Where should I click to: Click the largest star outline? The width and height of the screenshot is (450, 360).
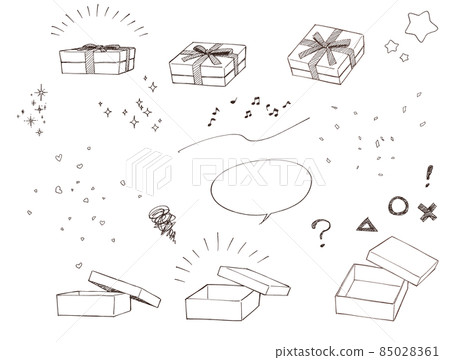click(x=409, y=20)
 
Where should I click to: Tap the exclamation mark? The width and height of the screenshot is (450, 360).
click(x=429, y=176)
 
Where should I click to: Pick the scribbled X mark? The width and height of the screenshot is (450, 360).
click(x=428, y=212)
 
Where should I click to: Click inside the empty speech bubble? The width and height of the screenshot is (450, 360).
click(x=261, y=187)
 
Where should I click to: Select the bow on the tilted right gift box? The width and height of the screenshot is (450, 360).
click(x=326, y=46)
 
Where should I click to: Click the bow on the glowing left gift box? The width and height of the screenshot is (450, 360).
click(x=96, y=48)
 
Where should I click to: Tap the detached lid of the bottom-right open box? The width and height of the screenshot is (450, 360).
click(x=402, y=260)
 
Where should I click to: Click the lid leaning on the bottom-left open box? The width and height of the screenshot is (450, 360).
click(x=124, y=288)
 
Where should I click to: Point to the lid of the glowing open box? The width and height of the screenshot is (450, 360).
click(x=253, y=280)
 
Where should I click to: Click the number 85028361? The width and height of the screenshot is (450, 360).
click(x=409, y=351)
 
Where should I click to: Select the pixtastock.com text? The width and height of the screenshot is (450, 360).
click(x=319, y=352)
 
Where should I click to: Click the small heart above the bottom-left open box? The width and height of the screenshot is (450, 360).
click(x=79, y=265)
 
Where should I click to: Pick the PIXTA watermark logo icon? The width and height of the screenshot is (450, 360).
click(x=148, y=171)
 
